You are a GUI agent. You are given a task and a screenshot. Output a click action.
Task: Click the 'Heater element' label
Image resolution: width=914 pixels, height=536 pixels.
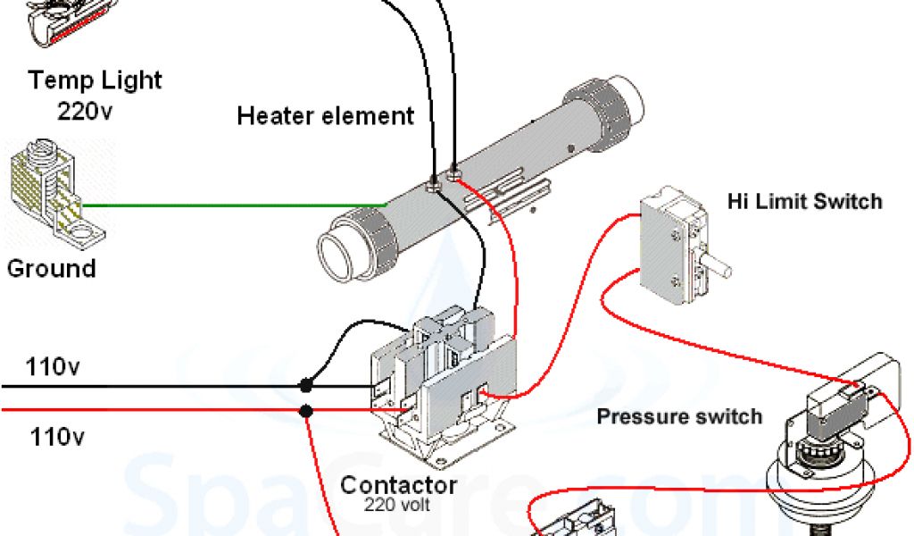click(x=326, y=115)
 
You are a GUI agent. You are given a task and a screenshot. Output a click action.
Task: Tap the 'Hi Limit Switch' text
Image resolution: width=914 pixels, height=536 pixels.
click(x=804, y=200)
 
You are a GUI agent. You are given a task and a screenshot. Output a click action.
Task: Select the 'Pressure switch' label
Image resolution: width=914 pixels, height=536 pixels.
click(x=679, y=416)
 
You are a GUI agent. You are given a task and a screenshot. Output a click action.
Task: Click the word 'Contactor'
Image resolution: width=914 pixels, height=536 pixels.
click(x=398, y=486)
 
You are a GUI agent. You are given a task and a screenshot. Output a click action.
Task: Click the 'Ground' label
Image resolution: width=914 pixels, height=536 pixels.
click(x=51, y=268)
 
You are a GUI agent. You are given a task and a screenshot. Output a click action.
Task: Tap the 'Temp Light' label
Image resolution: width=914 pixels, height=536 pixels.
click(x=96, y=80)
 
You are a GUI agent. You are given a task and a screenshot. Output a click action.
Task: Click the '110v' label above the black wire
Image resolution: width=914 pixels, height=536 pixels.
click(x=56, y=366)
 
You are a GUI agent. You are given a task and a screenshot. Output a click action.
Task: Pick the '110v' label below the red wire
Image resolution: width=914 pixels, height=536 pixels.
click(x=56, y=438)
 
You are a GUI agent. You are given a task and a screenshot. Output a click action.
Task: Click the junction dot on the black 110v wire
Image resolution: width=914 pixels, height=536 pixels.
click(x=306, y=387)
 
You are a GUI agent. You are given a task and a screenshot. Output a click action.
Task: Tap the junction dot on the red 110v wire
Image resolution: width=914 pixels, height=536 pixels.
click(x=306, y=412)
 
